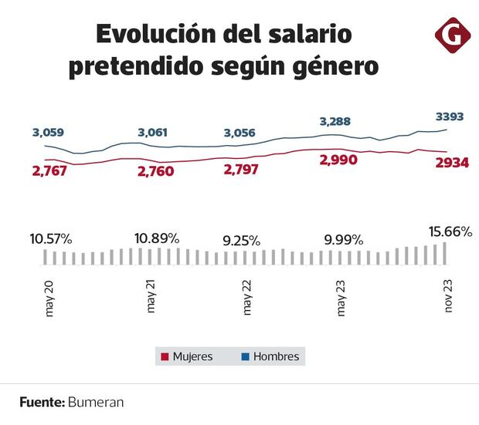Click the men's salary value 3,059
[49, 133]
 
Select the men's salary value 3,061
[152, 133]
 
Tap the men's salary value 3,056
[239, 133]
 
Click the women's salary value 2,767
[49, 170]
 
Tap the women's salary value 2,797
[240, 170]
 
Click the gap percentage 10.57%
[51, 238]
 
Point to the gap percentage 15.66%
[450, 231]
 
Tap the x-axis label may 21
[151, 295]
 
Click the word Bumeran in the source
[96, 402]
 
